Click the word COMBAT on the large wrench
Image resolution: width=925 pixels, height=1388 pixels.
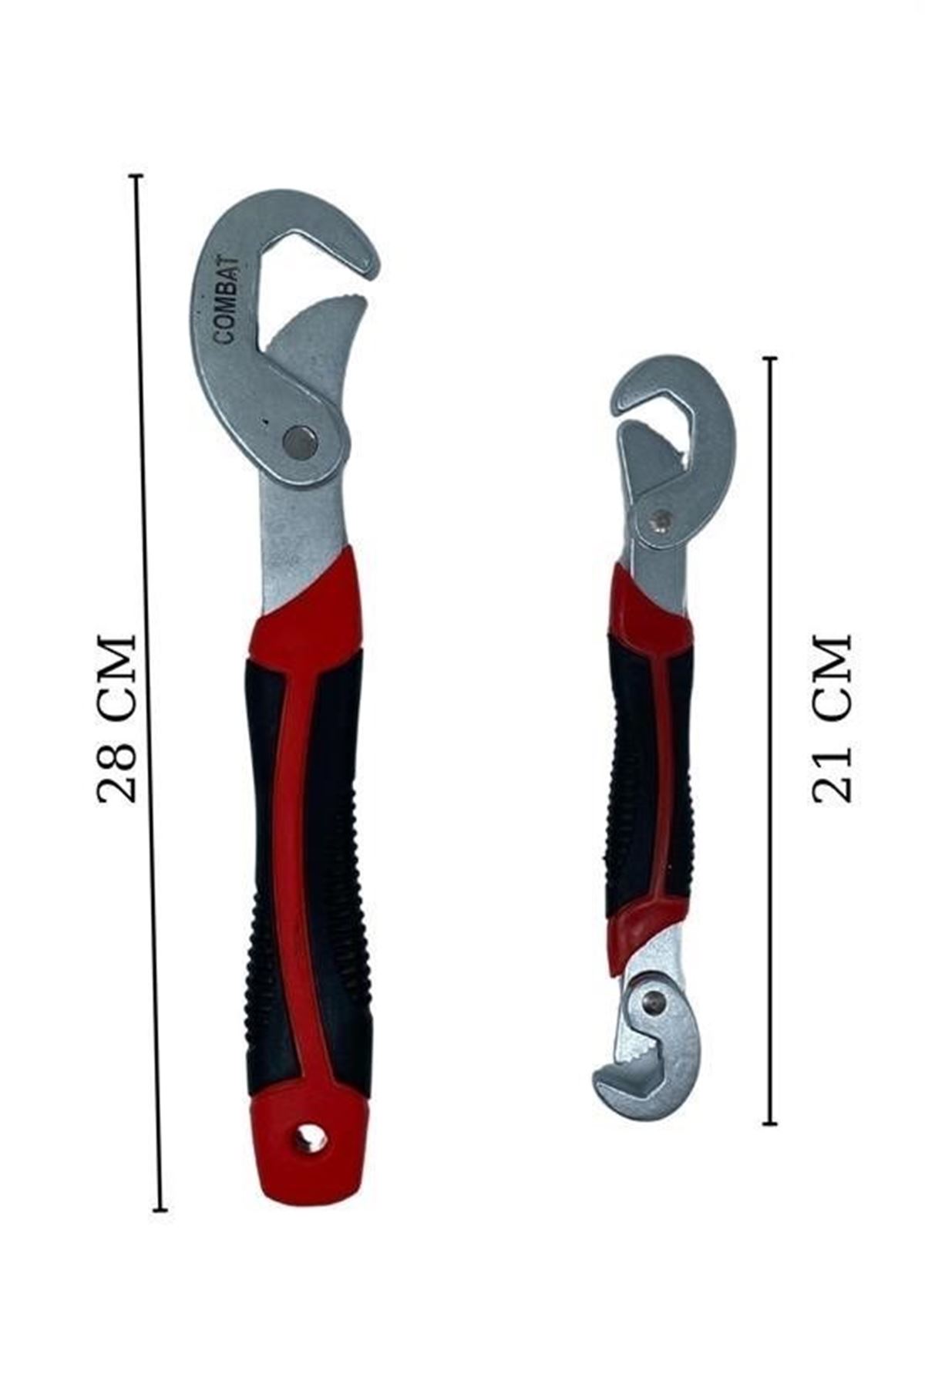tap(228, 302)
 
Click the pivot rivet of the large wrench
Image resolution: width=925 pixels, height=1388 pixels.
tap(300, 443)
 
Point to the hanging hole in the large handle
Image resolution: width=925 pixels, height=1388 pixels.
tap(310, 1139)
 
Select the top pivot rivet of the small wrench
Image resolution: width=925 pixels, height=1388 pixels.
tap(660, 522)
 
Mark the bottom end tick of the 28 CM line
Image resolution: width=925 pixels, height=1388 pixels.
tap(160, 1210)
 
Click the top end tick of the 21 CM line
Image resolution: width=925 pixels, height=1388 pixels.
tap(769, 359)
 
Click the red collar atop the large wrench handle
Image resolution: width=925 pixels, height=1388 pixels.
tap(308, 609)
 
